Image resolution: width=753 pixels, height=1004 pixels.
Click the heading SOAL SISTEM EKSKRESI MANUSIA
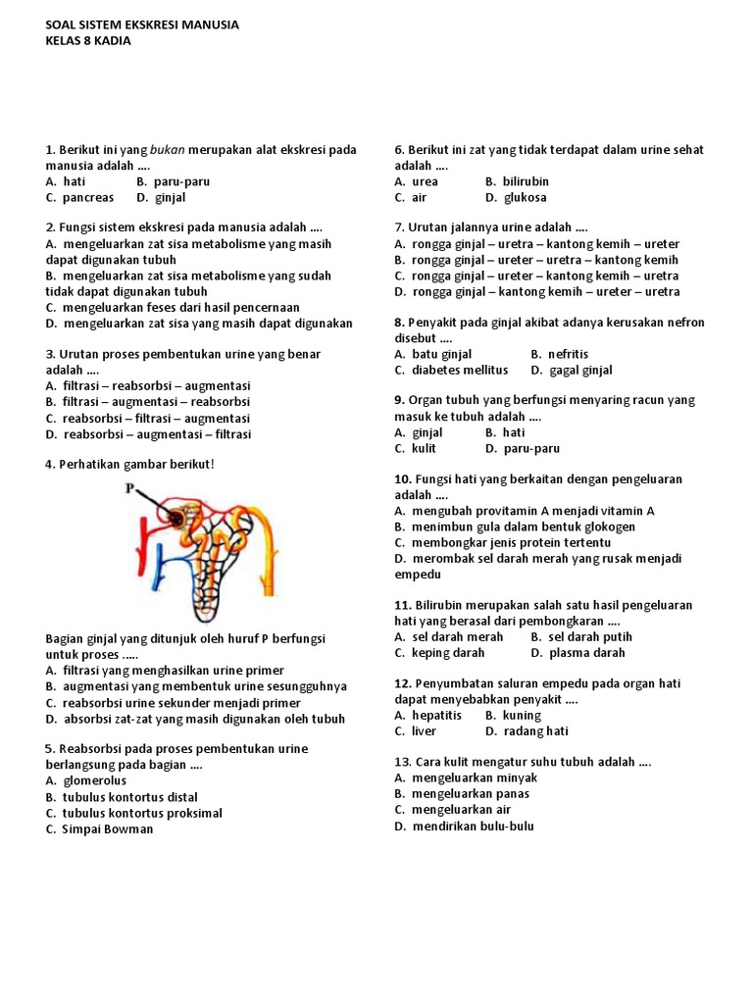click(x=142, y=25)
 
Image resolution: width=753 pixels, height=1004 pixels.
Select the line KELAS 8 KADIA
click(x=88, y=41)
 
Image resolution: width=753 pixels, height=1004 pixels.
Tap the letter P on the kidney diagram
click(x=128, y=487)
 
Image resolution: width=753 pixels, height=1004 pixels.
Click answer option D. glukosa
click(x=516, y=197)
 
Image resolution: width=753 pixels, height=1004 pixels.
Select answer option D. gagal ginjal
click(x=572, y=370)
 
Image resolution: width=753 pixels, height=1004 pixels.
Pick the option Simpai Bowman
click(x=99, y=828)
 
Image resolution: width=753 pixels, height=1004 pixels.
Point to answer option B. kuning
click(x=513, y=715)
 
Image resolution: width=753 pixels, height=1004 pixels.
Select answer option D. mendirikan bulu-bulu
click(x=464, y=826)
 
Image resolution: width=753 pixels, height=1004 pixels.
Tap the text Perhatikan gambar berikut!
click(x=128, y=464)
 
